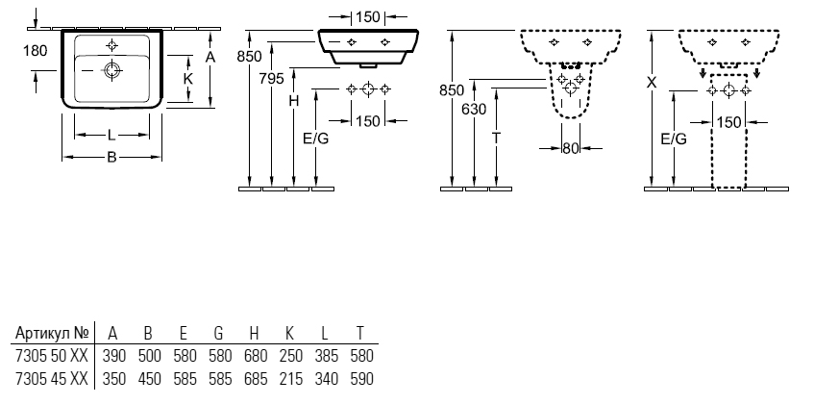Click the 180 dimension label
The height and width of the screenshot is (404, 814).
pos(35,51)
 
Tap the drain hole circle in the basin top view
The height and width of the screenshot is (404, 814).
pos(111,70)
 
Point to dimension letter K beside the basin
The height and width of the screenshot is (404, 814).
pos(188,79)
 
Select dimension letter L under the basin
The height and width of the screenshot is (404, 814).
pos(111,136)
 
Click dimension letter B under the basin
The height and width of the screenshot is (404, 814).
pos(111,158)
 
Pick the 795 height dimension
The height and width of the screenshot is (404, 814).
pos(272,79)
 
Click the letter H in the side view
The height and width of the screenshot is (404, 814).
pos(294,101)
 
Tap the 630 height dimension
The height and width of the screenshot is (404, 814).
pos(474,110)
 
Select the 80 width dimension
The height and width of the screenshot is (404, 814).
pos(570,148)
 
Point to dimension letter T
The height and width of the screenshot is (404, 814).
pos(496,139)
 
